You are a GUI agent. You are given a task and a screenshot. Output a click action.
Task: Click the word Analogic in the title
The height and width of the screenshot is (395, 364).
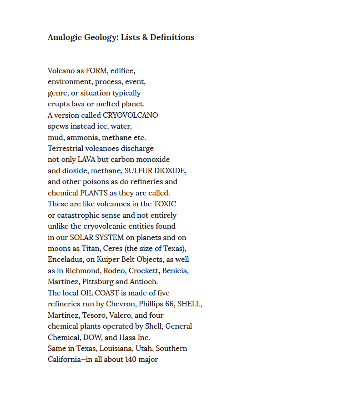pos(65,37)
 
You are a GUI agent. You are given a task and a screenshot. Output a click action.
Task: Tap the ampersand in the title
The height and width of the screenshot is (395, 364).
pos(145,37)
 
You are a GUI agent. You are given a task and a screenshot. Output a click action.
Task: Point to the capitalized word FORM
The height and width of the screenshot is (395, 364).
pos(96,71)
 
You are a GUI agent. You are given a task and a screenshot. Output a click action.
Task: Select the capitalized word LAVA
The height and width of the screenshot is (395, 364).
pos(86,160)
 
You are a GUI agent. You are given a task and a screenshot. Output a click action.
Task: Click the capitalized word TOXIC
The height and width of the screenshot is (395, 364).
pos(165,204)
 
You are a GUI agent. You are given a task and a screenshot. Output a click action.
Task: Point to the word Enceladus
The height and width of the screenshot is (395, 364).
pos(65,260)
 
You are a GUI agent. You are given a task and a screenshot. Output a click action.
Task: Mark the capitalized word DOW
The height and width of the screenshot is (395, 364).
pos(92,337)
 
